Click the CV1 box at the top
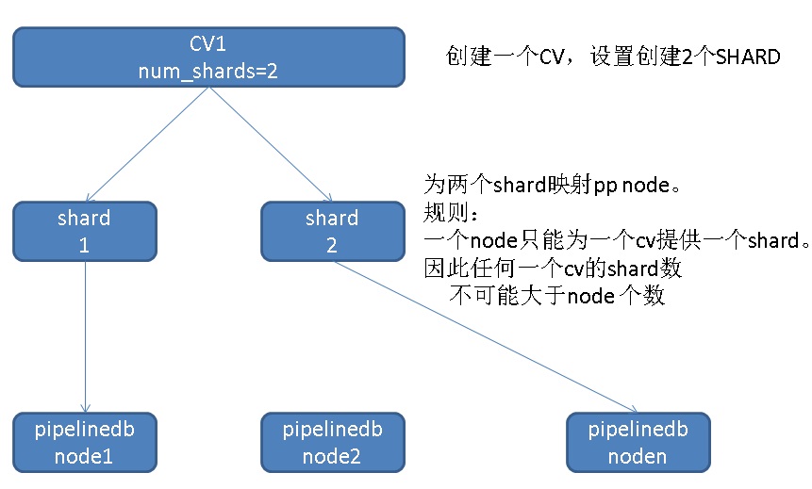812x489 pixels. tap(208, 57)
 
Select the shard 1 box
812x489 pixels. tap(85, 231)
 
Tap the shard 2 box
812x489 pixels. tap(333, 231)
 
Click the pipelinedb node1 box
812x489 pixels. tap(85, 443)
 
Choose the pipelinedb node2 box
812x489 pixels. tap(333, 443)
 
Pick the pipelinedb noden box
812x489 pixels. tap(638, 443)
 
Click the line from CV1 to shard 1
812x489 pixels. tap(147, 144)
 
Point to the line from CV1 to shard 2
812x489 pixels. tap(271, 144)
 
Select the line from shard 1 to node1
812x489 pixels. tap(86, 337)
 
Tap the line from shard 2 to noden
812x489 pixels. tap(486, 337)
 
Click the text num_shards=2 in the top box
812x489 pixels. tap(208, 71)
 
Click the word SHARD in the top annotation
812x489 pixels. tap(748, 57)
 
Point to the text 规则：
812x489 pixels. tap(451, 212)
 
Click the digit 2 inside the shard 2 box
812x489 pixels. tap(332, 245)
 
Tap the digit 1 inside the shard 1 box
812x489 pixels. tap(84, 245)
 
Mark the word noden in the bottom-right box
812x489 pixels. tap(638, 456)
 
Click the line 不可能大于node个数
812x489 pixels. tap(557, 296)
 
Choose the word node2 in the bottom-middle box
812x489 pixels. tap(331, 456)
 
